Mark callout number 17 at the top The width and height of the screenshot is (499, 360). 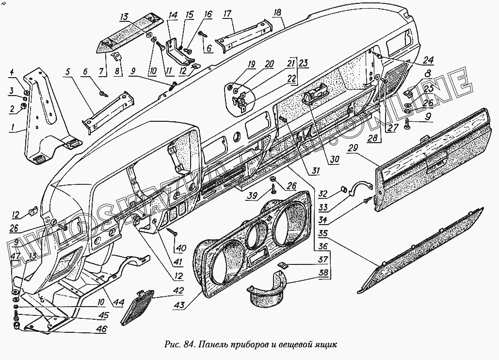point(227,15)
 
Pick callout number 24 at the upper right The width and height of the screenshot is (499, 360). point(428,61)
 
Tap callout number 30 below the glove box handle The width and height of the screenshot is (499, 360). point(336,158)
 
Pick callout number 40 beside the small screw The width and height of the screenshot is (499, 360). point(180,248)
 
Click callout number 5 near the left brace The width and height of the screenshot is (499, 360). point(67,72)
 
